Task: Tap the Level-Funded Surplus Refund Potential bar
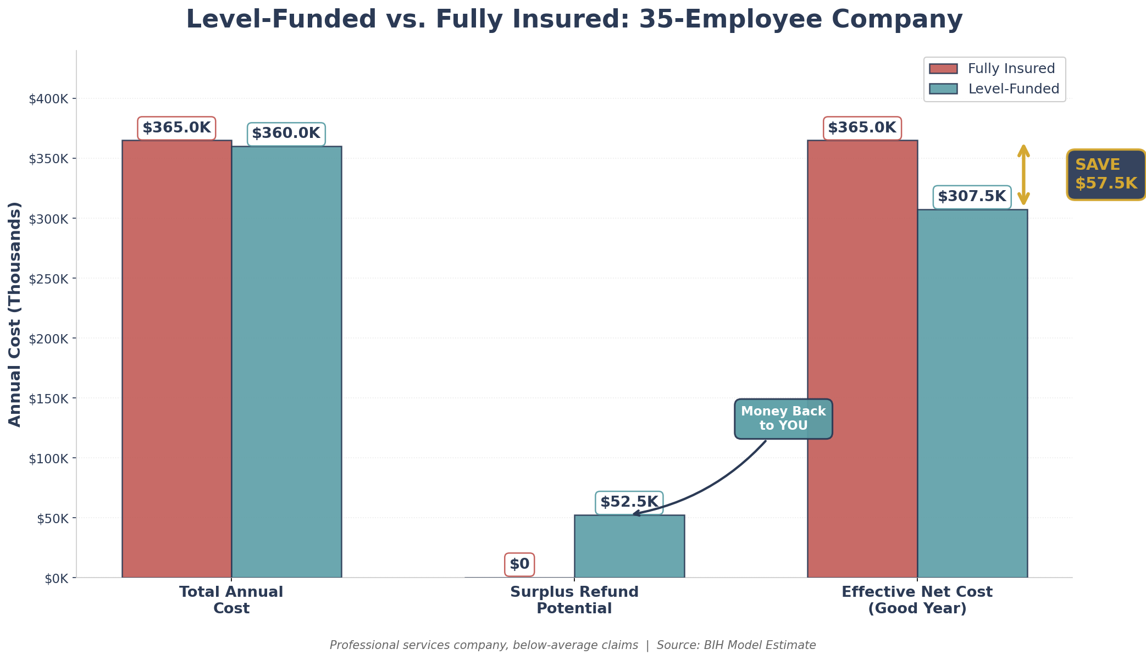tap(629, 546)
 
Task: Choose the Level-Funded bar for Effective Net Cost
tap(972, 393)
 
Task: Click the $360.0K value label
tap(286, 134)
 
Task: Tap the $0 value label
tap(519, 564)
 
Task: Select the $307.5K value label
tap(972, 197)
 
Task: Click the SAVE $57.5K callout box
tap(1106, 174)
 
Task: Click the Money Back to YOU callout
tap(783, 419)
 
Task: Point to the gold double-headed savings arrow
tap(1023, 175)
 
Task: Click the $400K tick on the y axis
tap(53, 99)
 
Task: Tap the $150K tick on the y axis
tap(53, 398)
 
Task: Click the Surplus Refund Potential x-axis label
tap(574, 600)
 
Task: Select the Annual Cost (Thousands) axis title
tap(15, 314)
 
